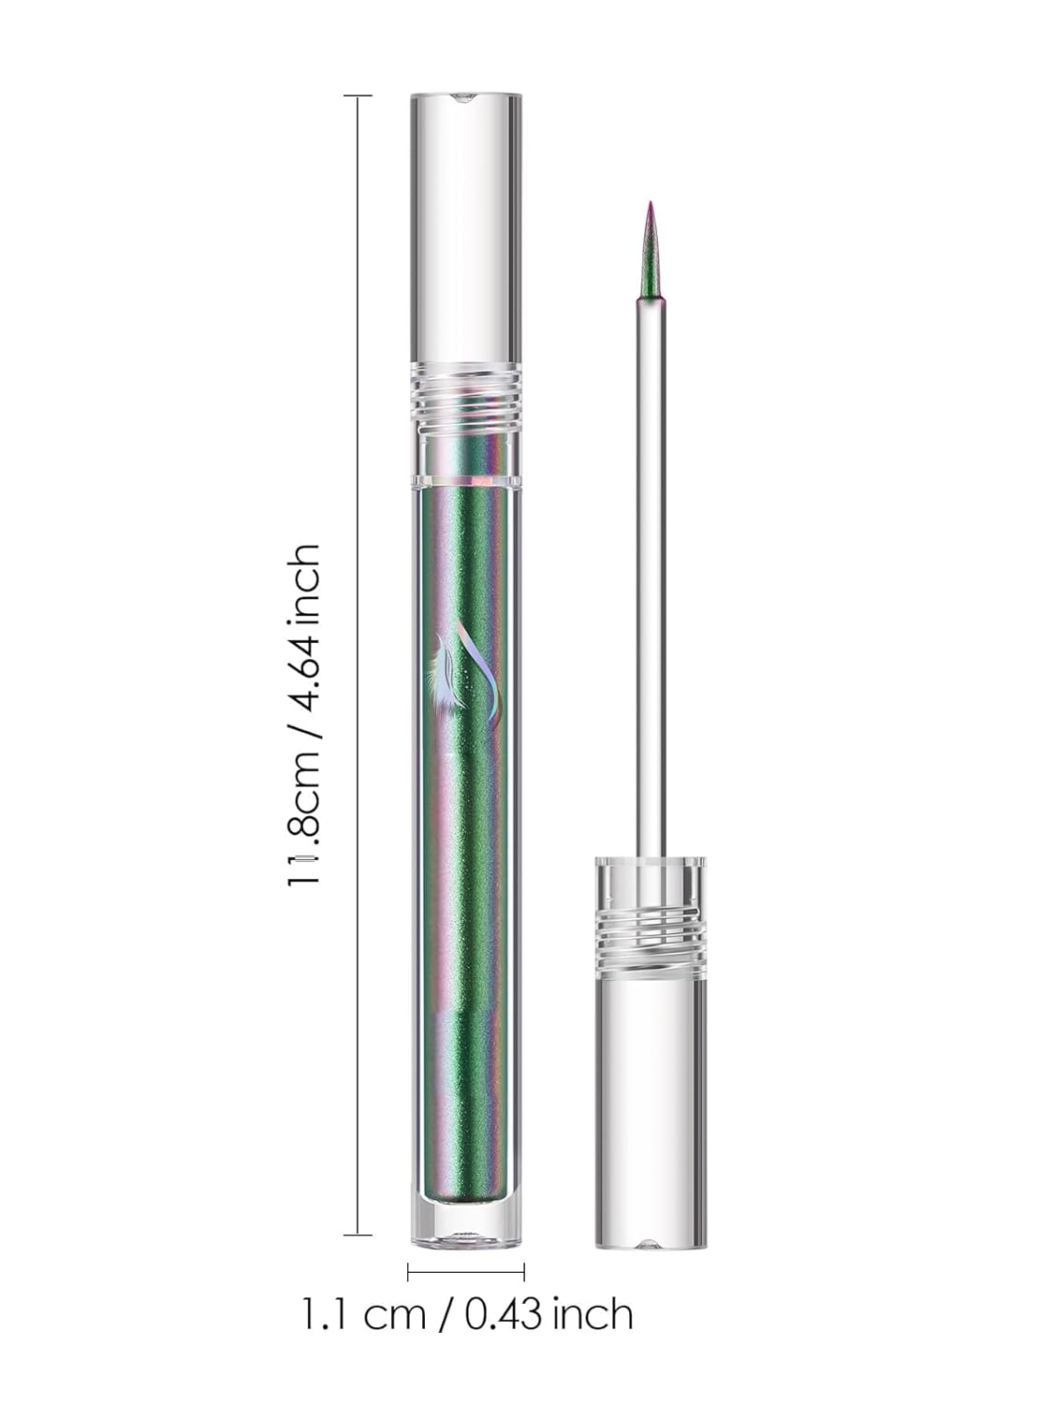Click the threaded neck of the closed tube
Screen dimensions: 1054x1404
click(x=465, y=397)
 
